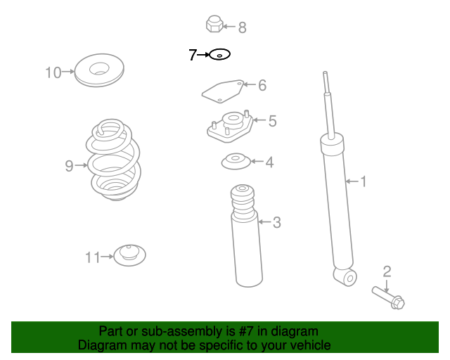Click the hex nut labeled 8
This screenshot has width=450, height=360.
(214, 24)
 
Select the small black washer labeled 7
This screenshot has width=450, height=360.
(220, 54)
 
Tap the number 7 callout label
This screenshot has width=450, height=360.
(193, 55)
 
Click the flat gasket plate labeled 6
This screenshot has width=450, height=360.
(223, 91)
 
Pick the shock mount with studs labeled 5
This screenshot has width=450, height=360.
(230, 127)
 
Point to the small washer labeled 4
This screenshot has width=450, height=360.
(236, 161)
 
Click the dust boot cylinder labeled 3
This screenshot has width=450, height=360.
(247, 236)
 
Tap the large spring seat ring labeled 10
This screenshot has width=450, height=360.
(99, 70)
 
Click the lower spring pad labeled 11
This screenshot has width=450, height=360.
(129, 255)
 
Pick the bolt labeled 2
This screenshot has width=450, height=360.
(388, 297)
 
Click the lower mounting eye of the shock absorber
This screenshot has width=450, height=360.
(346, 277)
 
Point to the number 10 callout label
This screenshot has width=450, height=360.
(53, 72)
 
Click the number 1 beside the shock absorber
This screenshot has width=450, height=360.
(364, 181)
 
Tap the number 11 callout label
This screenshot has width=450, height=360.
(93, 257)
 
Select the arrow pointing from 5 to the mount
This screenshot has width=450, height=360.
(259, 120)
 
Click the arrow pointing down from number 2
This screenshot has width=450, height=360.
(387, 286)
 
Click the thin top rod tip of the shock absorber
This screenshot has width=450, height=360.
(325, 73)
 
